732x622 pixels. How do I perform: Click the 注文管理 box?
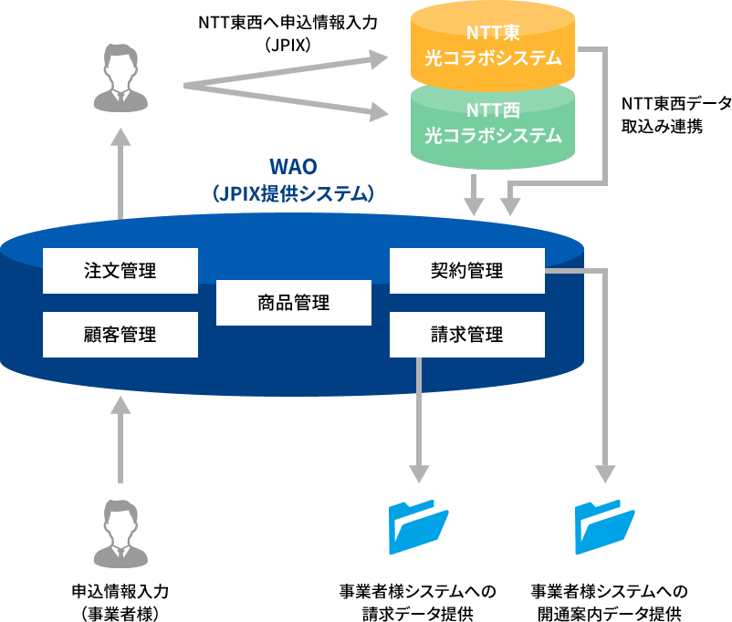point(120,271)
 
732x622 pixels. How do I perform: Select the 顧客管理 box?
point(120,335)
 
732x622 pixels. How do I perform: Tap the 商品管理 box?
point(294,303)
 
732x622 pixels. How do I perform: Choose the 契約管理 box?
point(467,271)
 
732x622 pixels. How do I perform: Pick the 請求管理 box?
point(467,335)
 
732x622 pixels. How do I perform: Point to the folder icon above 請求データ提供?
point(418,526)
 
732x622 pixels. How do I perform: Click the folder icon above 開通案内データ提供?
point(604,526)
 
